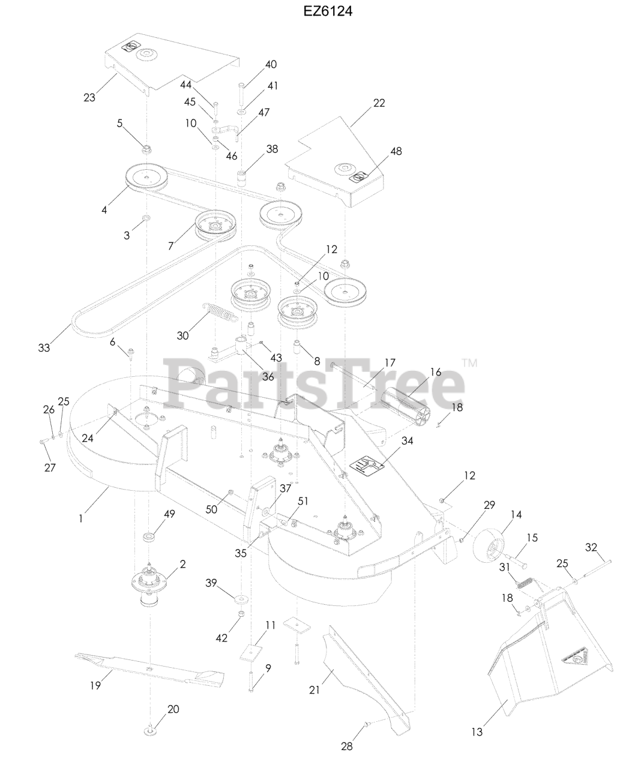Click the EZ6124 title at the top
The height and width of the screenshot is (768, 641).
[x=328, y=11]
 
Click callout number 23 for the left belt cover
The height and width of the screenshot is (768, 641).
[x=89, y=97]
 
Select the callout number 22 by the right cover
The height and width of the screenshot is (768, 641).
[x=379, y=103]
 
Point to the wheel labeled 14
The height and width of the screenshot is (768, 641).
[x=489, y=546]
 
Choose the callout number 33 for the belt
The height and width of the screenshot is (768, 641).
[x=44, y=347]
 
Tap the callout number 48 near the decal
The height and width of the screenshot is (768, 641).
[x=396, y=151]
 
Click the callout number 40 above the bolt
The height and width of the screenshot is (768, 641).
[x=271, y=64]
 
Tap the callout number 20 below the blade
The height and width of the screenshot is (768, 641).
[x=173, y=709]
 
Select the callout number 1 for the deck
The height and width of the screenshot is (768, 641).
[x=81, y=518]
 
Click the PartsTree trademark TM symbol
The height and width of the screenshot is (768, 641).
[x=470, y=363]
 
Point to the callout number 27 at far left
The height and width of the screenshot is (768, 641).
[x=50, y=467]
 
